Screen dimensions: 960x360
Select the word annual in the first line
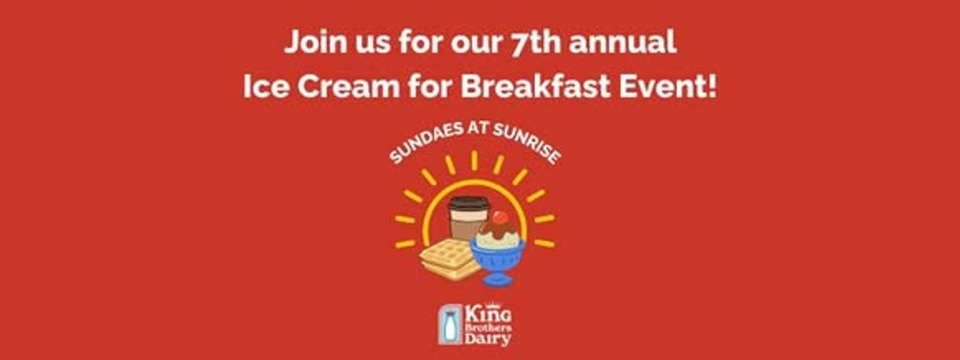tap(622, 42)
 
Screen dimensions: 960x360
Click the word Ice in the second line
tap(266, 86)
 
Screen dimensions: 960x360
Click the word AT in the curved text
tap(478, 128)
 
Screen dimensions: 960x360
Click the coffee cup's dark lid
tap(469, 203)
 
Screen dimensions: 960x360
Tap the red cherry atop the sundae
tap(498, 218)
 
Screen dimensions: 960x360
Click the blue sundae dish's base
tap(497, 278)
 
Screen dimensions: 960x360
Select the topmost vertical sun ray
tap(474, 161)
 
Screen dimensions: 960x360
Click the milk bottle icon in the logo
tap(450, 325)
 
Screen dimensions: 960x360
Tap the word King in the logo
tap(488, 315)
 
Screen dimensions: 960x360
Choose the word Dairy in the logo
tap(488, 339)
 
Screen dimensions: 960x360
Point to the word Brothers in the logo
tap(488, 328)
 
